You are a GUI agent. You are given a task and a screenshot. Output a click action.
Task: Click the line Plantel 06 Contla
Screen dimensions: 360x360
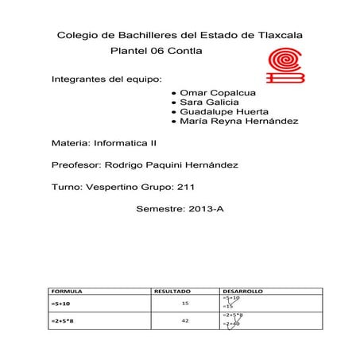coord(158,52)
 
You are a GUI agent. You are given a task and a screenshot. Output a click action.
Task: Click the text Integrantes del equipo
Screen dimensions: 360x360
coord(106,80)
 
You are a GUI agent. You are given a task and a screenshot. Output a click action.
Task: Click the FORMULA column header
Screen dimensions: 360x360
coord(66,291)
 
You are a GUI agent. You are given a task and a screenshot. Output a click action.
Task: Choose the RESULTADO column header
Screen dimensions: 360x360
coord(172,291)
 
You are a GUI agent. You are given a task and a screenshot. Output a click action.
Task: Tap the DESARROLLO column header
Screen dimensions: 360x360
coord(243,291)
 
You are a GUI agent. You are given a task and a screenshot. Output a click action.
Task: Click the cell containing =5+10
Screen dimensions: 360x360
coord(61,304)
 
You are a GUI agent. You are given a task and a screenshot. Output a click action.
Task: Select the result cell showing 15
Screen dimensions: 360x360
coord(185,304)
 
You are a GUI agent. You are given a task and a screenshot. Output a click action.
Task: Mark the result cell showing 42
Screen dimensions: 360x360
coord(185,320)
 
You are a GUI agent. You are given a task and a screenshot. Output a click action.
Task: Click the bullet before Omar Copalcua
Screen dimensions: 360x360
coord(173,93)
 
